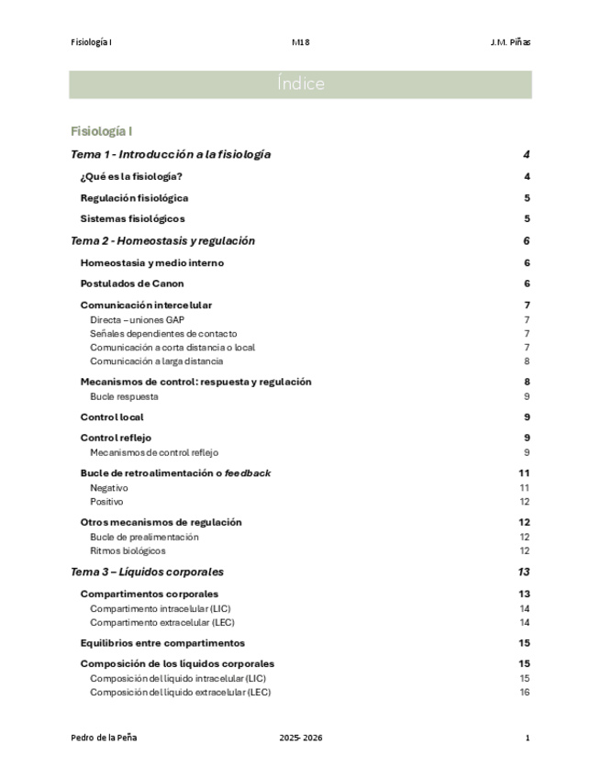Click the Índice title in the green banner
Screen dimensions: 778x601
pyautogui.click(x=300, y=84)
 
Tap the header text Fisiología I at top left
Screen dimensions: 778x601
pyautogui.click(x=91, y=42)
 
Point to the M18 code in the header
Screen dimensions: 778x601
pyautogui.click(x=300, y=42)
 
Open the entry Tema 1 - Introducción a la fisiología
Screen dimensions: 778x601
pyautogui.click(x=171, y=154)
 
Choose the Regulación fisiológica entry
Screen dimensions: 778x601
pyautogui.click(x=135, y=197)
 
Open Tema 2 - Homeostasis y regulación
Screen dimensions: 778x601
pyautogui.click(x=162, y=240)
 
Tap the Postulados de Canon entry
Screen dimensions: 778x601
pyautogui.click(x=132, y=283)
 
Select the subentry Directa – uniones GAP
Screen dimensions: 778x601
pyautogui.click(x=137, y=319)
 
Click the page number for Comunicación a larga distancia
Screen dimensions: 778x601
pyautogui.click(x=526, y=361)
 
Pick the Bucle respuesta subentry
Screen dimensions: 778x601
pyautogui.click(x=124, y=396)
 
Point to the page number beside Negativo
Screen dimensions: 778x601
pyautogui.click(x=525, y=487)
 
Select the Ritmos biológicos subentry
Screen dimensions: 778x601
pyautogui.click(x=128, y=550)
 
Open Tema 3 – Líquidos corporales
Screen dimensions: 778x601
pyautogui.click(x=147, y=572)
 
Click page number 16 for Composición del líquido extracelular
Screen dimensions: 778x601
pyautogui.click(x=525, y=692)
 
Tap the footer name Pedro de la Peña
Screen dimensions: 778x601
pyautogui.click(x=104, y=738)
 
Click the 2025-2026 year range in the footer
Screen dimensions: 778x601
pyautogui.click(x=301, y=738)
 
